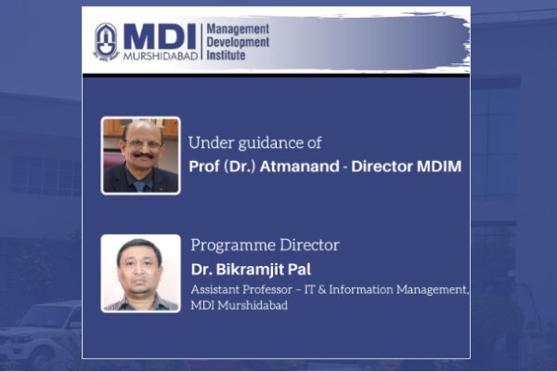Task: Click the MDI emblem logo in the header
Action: tap(106, 42)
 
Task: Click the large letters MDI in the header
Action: tap(160, 36)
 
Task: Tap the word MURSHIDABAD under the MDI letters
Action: tap(161, 56)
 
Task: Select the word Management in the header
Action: tap(238, 29)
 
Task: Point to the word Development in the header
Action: tap(238, 42)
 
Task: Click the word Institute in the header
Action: tap(226, 55)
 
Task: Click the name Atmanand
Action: tap(299, 166)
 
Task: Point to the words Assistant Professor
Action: tap(241, 289)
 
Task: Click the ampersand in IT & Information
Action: tap(322, 289)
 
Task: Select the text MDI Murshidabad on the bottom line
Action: tap(240, 305)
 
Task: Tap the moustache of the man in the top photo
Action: tap(143, 155)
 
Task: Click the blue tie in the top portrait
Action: tap(139, 186)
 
